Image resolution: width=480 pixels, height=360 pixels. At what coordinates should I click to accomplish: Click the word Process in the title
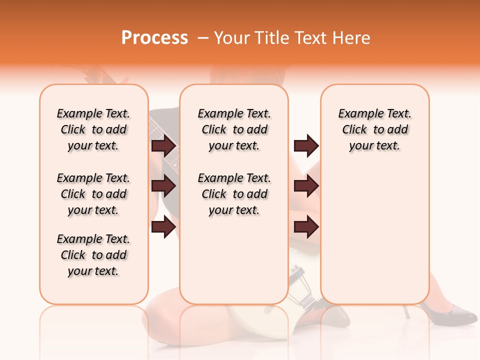click(154, 38)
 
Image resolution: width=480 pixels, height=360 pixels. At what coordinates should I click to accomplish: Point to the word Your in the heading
click(232, 38)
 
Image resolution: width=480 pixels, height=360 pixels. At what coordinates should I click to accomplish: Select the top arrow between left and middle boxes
click(163, 145)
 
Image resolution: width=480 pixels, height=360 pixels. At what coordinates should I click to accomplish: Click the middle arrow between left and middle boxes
click(163, 186)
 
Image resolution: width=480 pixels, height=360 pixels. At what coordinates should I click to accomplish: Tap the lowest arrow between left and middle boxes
click(163, 227)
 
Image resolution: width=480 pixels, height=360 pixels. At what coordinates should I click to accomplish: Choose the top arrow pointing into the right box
click(306, 145)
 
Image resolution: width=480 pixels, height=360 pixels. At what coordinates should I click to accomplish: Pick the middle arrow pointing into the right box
click(306, 186)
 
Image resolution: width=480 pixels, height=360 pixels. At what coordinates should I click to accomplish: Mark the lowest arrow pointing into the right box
click(306, 227)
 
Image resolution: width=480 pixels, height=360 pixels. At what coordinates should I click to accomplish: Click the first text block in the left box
click(93, 129)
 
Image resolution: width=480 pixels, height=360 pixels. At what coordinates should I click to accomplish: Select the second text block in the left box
click(93, 194)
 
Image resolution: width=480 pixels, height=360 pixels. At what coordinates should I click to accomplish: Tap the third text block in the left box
click(93, 255)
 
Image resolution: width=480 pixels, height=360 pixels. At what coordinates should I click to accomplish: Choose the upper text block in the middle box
click(234, 129)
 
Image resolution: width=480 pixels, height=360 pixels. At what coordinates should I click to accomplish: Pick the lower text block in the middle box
click(234, 194)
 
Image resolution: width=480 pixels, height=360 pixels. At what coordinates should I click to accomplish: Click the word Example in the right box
click(357, 114)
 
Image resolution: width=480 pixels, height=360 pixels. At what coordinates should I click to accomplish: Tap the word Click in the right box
click(354, 130)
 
